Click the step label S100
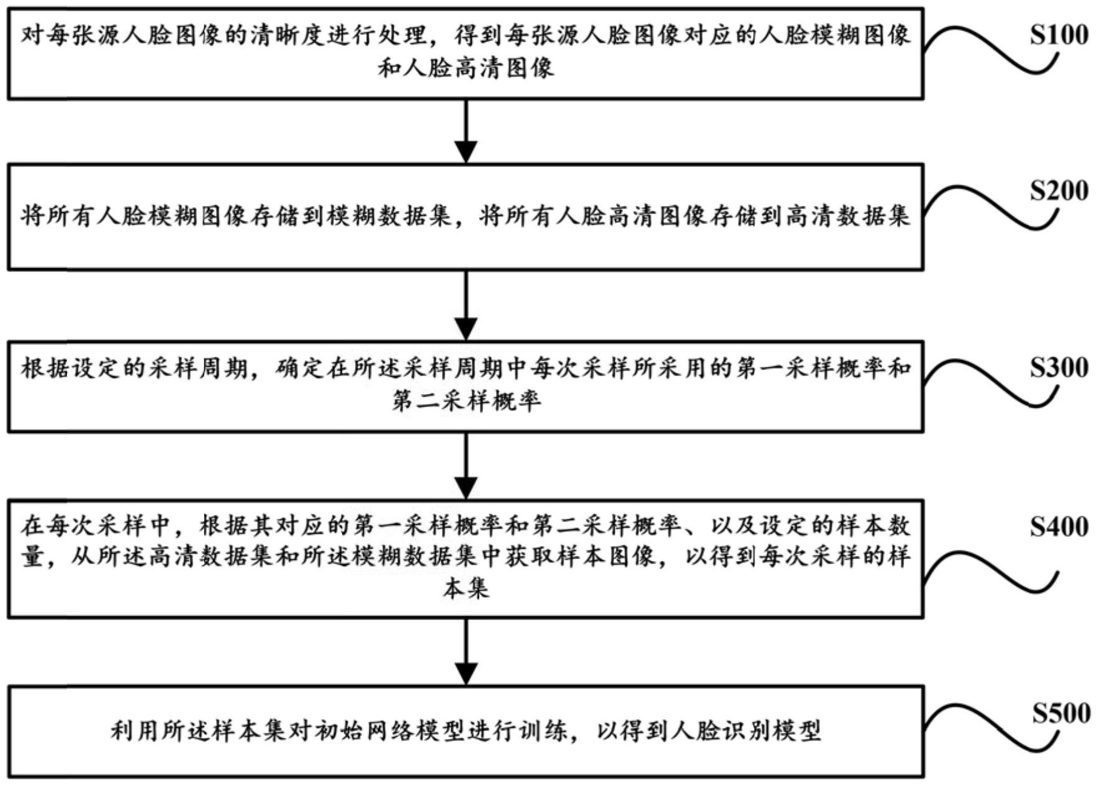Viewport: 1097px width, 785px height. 1059,35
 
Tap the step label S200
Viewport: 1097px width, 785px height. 1059,191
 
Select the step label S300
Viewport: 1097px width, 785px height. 1059,368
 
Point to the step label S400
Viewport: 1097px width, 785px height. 1059,527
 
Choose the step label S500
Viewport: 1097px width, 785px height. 1061,713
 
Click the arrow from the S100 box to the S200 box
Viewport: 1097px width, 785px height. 466,131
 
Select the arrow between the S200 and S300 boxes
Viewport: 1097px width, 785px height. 466,305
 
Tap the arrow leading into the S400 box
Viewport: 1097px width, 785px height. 466,465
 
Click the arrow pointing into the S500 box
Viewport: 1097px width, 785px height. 466,652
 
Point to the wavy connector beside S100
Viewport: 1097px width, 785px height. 990,51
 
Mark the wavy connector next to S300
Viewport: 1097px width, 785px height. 990,384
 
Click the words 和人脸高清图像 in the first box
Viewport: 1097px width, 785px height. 466,68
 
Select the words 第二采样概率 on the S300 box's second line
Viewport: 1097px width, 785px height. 466,401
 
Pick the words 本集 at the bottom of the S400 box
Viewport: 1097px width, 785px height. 466,588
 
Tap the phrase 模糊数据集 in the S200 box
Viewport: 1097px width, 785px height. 389,216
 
